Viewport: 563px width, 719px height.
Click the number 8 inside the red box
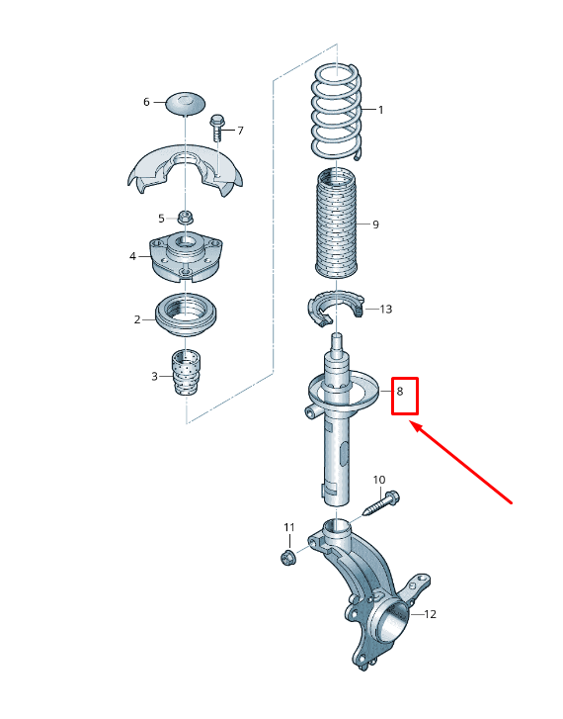point(400,392)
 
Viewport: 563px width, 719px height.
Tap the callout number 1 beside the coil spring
point(380,109)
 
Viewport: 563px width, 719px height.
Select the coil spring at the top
point(338,111)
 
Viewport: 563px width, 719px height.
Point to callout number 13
point(385,310)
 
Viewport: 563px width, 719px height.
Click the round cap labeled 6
point(185,101)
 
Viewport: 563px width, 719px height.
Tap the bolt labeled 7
point(217,129)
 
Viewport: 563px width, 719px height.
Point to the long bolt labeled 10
point(381,504)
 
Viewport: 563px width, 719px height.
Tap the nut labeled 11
point(288,557)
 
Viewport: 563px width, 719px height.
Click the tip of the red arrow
point(413,424)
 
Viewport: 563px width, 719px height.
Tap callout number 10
point(379,480)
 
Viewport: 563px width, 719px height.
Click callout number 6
point(146,102)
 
